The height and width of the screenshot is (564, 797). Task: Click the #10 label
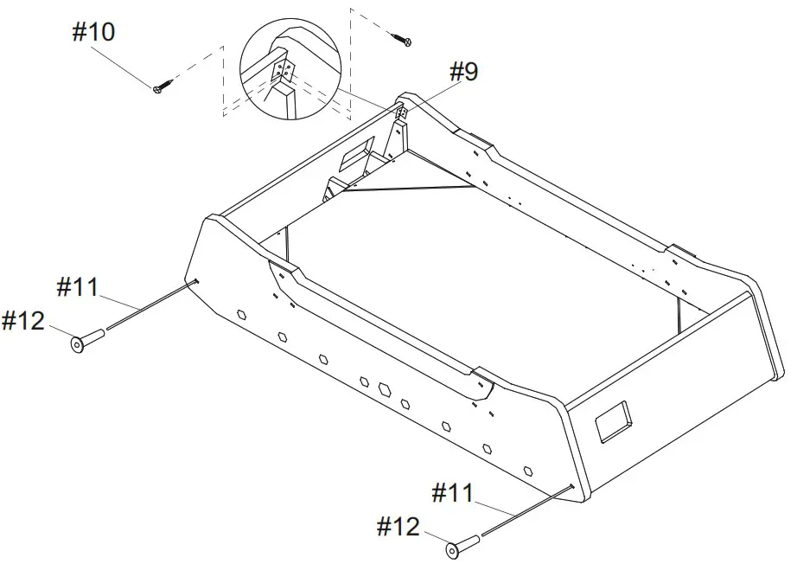coord(93,33)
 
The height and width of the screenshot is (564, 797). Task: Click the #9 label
coord(463,72)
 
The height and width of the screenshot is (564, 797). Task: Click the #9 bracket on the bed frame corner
coord(402,112)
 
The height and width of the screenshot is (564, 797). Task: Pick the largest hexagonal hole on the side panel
coord(383,388)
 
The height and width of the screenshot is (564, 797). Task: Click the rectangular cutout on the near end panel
coord(614,420)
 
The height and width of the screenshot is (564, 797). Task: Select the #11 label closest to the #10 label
coord(79,286)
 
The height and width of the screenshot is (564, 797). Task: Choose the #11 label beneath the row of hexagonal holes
coord(453,494)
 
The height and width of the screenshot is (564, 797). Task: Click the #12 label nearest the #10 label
coord(23,321)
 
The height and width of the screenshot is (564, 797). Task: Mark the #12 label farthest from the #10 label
coord(398,526)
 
